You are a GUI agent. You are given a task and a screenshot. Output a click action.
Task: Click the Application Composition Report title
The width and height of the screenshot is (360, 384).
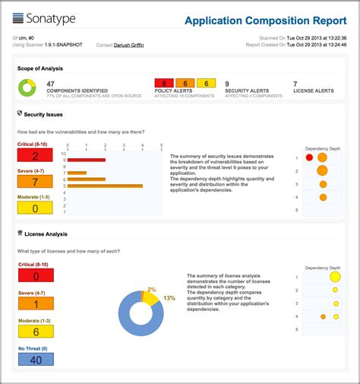[x=260, y=21]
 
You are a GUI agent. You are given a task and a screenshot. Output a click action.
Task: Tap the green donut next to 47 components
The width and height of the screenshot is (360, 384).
[x=28, y=88]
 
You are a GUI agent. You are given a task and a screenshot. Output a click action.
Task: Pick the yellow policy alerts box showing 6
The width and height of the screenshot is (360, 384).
[x=206, y=83]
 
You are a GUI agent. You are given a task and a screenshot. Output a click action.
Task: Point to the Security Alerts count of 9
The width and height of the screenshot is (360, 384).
[x=227, y=84]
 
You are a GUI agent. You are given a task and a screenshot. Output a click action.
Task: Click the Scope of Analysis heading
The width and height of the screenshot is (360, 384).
[x=40, y=68]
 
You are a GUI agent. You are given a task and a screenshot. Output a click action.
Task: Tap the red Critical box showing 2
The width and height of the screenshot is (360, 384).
[x=36, y=156]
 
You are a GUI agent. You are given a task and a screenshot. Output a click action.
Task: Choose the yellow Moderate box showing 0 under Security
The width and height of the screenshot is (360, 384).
[x=36, y=207]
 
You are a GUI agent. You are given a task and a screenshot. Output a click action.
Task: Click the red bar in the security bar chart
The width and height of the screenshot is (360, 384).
[x=85, y=160]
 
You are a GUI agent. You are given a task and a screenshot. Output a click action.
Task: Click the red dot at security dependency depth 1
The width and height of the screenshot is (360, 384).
[x=309, y=157]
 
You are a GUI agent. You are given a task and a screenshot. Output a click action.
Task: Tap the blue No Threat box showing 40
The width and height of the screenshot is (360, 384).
[x=36, y=359]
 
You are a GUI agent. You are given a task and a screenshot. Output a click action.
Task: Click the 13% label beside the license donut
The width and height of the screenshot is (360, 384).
[x=169, y=298]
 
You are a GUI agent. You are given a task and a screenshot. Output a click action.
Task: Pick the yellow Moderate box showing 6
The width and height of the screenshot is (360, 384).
[x=36, y=332]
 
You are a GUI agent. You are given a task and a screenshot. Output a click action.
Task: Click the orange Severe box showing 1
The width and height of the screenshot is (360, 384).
[x=36, y=303]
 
